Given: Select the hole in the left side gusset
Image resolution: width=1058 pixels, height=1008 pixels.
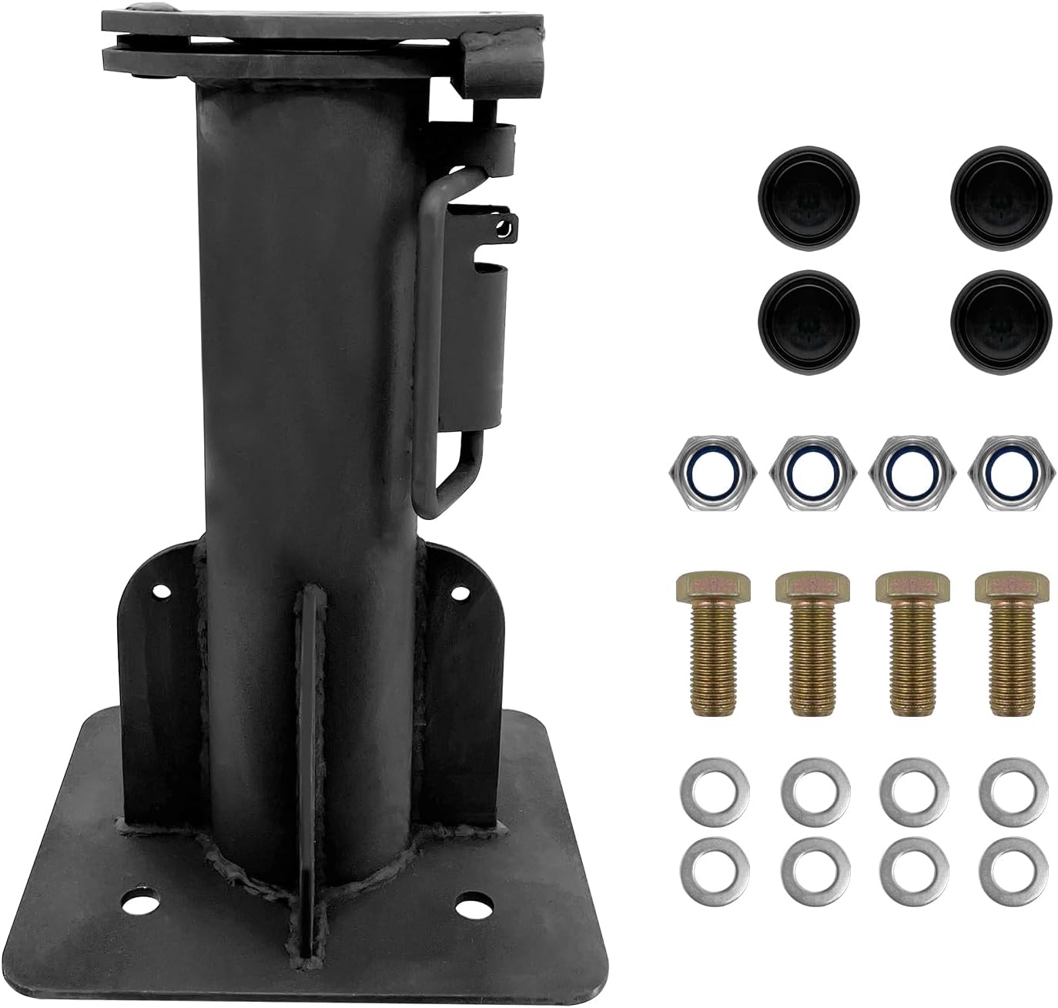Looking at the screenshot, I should (162, 593).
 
